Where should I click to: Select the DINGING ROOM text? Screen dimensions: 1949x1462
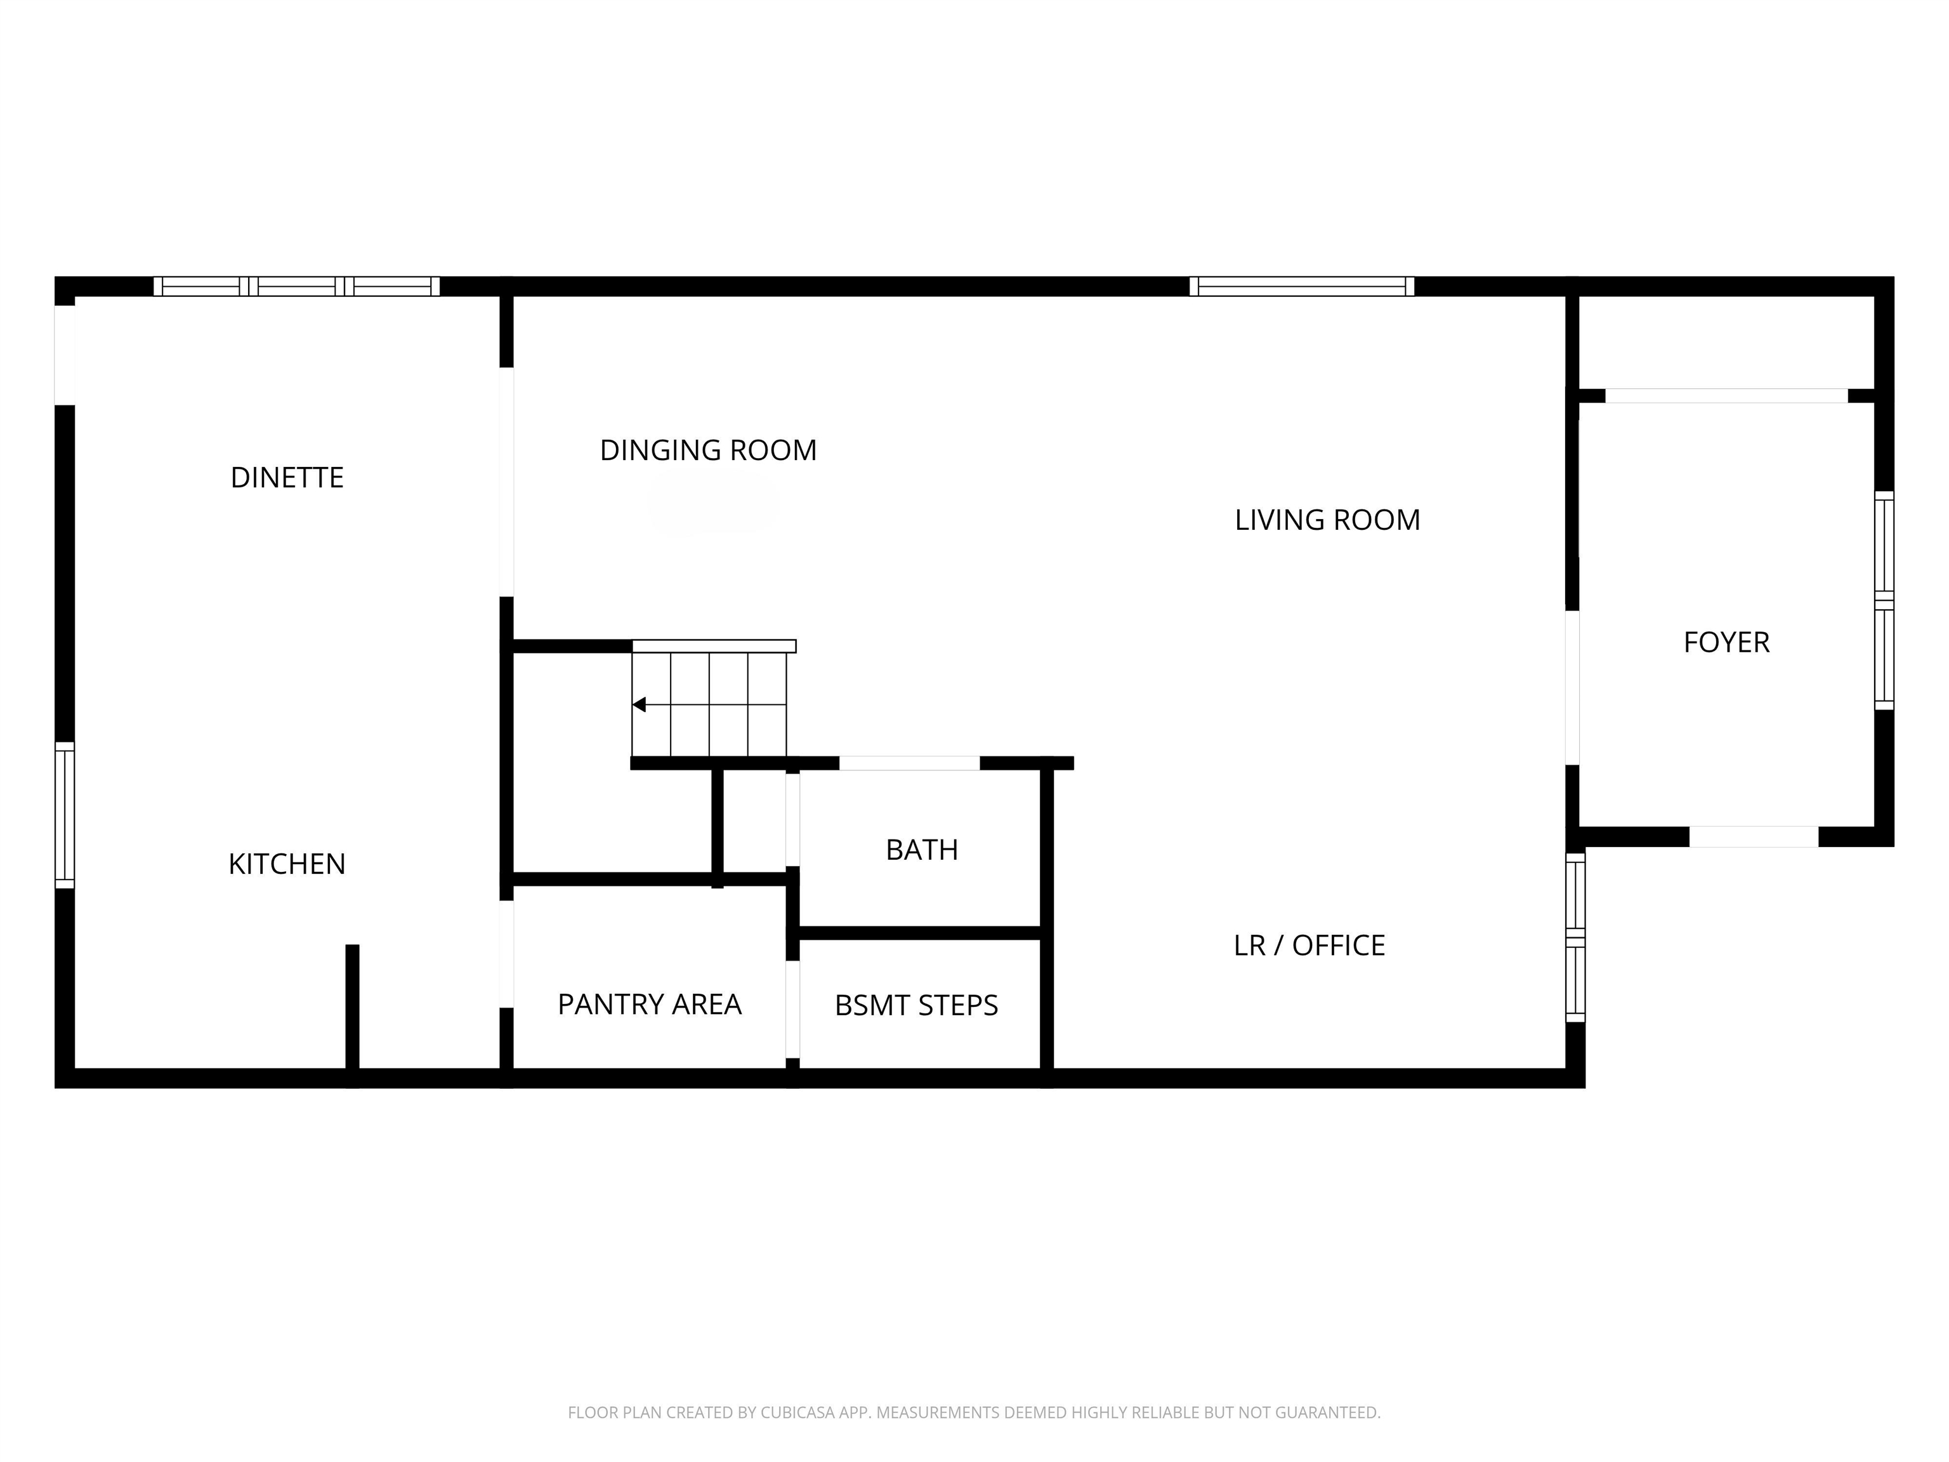point(709,451)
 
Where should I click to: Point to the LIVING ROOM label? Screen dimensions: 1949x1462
point(1327,520)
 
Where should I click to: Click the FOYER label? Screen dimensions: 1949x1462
point(1726,642)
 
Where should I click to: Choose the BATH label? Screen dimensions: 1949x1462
point(922,850)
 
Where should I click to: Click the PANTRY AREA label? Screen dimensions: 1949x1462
point(650,1004)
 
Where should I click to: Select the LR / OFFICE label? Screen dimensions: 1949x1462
point(1309,945)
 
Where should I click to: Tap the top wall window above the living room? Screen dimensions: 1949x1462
point(1301,286)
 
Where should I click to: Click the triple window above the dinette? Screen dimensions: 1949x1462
point(297,286)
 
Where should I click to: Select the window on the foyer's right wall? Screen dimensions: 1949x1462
point(1883,600)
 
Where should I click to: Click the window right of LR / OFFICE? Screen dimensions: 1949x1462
point(1575,937)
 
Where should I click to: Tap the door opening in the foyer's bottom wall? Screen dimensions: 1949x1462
point(1754,836)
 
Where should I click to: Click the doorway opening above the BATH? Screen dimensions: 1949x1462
point(909,763)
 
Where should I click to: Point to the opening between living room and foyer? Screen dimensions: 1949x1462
point(1572,687)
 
